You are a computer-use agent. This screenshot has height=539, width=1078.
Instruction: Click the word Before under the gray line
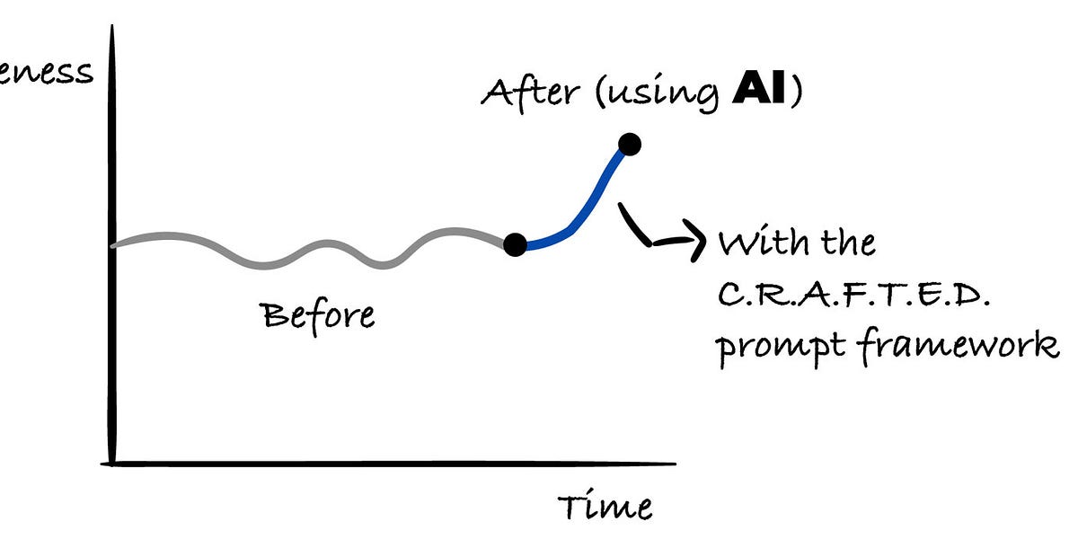(317, 315)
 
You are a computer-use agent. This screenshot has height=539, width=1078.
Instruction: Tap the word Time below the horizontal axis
(605, 507)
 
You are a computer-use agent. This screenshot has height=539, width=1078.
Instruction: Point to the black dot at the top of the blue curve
(629, 144)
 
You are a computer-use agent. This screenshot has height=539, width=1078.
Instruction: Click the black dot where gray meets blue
(515, 243)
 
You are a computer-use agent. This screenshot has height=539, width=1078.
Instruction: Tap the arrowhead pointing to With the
(695, 242)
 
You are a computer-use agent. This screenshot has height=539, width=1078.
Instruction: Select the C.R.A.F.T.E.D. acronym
(853, 294)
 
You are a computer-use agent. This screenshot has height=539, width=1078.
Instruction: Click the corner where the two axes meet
(111, 463)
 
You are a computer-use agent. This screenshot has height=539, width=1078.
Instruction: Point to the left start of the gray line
(115, 243)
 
